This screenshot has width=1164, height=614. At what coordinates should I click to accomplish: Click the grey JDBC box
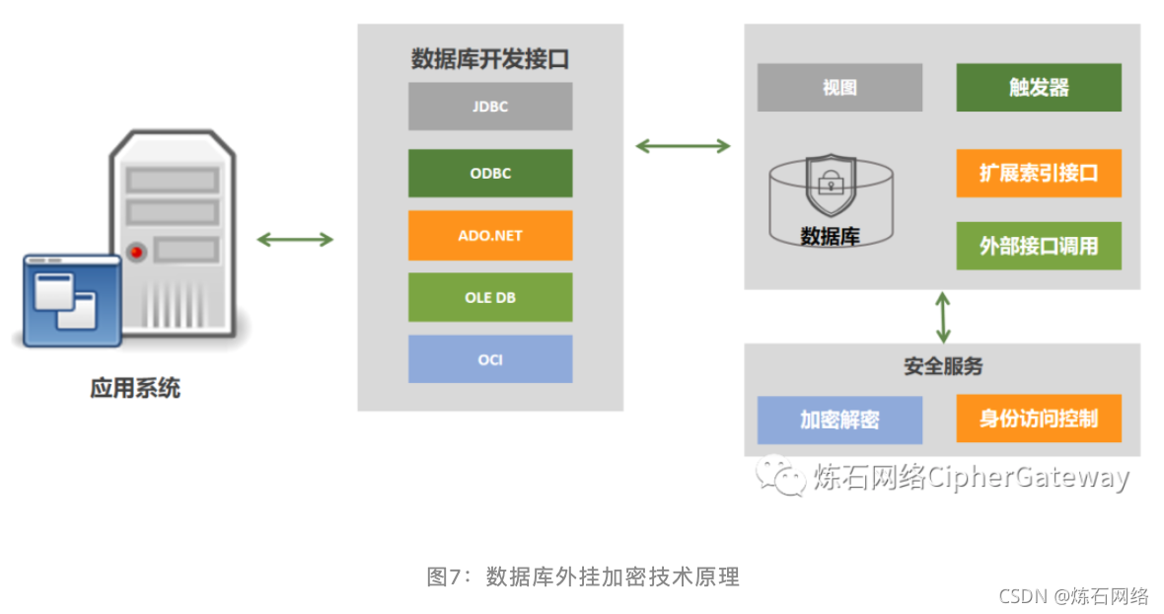[x=490, y=107]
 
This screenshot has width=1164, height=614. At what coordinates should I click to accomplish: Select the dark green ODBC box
[x=490, y=174]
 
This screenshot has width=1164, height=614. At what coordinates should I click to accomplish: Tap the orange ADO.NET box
[x=490, y=236]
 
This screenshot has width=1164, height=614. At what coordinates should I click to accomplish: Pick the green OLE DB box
[x=490, y=297]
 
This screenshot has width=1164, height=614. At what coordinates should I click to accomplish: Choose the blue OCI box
[x=490, y=359]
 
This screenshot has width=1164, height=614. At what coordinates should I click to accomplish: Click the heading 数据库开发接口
[x=490, y=59]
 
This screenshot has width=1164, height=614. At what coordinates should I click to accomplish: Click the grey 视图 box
[x=839, y=88]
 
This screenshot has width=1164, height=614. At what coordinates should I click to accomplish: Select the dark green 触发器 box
[x=1039, y=88]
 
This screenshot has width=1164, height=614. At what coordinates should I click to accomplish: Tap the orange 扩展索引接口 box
[x=1039, y=174]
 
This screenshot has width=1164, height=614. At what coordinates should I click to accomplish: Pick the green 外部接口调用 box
[x=1039, y=246]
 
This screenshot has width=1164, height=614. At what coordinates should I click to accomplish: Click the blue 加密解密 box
[x=839, y=420]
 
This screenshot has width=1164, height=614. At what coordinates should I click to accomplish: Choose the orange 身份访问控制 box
[x=1039, y=419]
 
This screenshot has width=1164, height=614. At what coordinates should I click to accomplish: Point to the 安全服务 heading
[x=943, y=366]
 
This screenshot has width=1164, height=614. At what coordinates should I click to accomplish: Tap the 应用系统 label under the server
[x=135, y=388]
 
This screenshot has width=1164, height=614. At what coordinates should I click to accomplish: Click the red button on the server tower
[x=135, y=252]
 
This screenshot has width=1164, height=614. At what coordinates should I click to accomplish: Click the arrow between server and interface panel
[x=295, y=239]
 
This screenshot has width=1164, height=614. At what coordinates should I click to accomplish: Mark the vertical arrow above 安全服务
[x=944, y=316]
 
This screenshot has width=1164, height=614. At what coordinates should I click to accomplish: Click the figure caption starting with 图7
[x=583, y=577]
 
